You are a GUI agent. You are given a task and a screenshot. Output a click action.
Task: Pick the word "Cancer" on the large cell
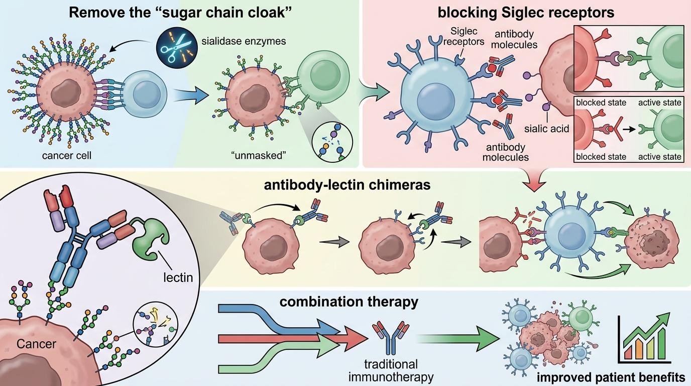[x=36, y=345]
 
